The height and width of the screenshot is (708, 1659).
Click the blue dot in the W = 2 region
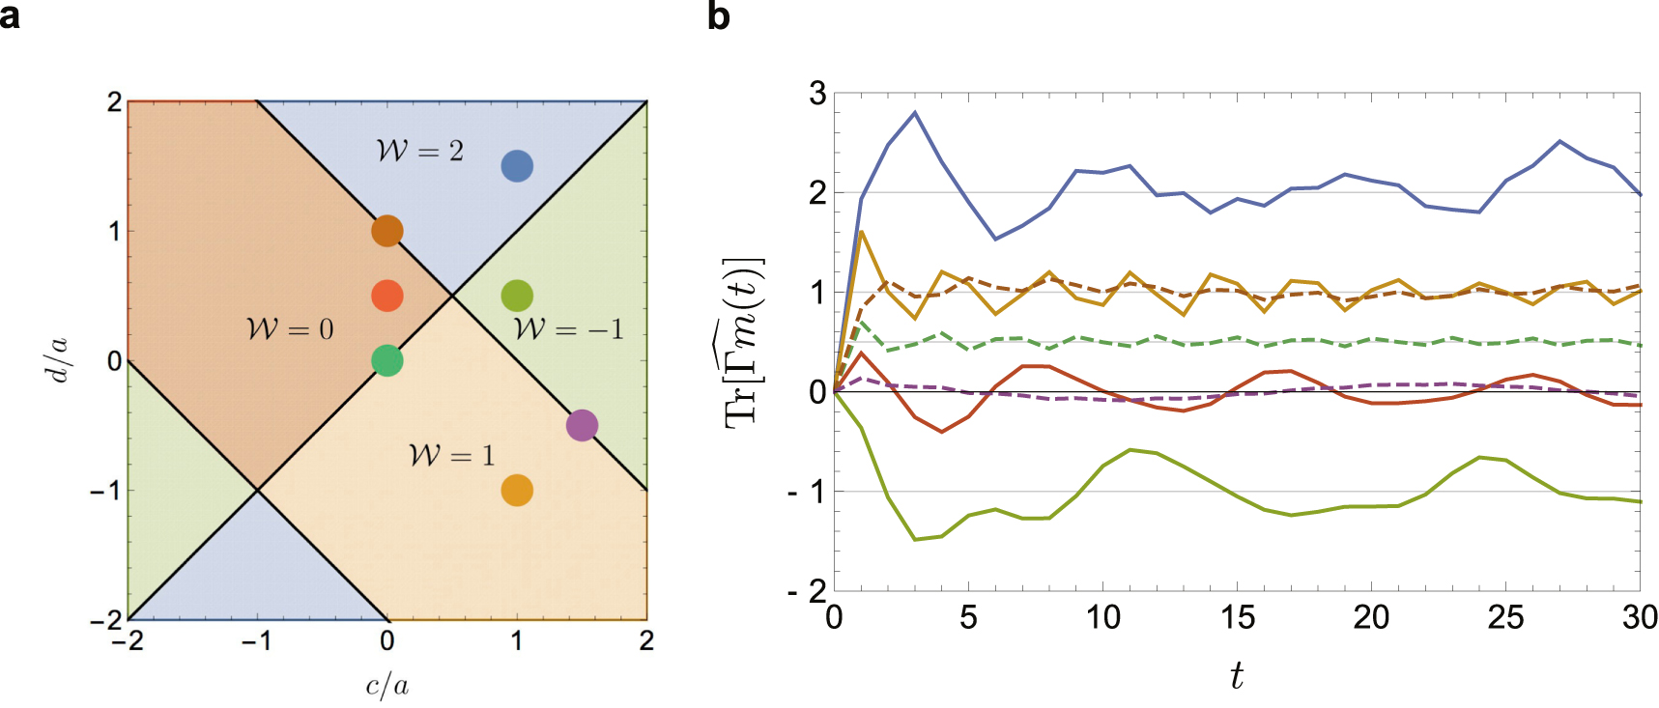click(x=517, y=166)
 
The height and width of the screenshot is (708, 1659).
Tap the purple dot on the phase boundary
click(x=582, y=425)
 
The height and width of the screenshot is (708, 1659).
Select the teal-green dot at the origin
click(x=386, y=360)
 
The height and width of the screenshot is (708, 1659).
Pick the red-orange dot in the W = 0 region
click(x=386, y=296)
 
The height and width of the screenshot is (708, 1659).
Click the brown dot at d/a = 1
click(x=386, y=231)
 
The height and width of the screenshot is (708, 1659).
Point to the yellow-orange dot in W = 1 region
click(x=517, y=490)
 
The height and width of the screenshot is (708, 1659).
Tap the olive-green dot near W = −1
click(x=517, y=296)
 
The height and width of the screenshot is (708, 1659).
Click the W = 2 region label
click(x=419, y=151)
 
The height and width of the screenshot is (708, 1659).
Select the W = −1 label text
click(x=568, y=329)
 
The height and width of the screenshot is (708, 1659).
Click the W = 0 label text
click(x=290, y=329)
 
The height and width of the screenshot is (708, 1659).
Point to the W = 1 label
click(x=451, y=455)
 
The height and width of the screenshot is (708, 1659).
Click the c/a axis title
click(x=386, y=686)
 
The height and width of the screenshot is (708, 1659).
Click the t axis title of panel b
click(x=1236, y=675)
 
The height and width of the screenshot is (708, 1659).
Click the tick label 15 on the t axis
click(x=1236, y=617)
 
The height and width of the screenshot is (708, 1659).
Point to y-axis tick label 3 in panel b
click(x=817, y=94)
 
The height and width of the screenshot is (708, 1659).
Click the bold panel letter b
click(x=718, y=16)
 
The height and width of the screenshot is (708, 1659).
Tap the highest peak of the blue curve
click(x=915, y=113)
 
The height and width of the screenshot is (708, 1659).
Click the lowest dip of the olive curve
click(x=915, y=539)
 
